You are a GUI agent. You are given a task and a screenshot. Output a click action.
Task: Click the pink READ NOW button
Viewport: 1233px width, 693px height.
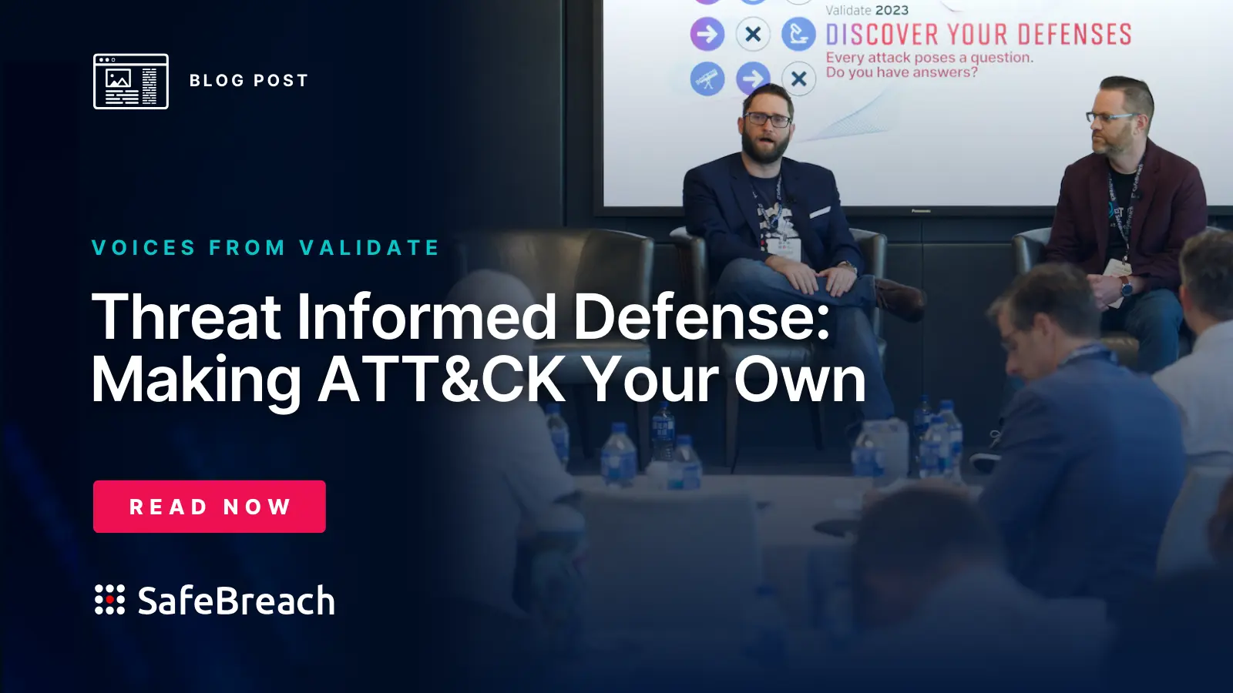pyautogui.click(x=209, y=506)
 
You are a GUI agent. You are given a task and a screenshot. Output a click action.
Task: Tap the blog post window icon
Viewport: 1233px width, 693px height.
pyautogui.click(x=131, y=82)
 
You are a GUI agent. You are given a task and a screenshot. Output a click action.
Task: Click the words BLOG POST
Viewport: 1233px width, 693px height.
pyautogui.click(x=249, y=80)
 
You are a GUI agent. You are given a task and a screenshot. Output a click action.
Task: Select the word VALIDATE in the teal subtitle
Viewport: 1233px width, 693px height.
pyautogui.click(x=370, y=247)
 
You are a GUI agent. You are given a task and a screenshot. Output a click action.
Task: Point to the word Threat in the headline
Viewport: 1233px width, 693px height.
pyautogui.click(x=186, y=316)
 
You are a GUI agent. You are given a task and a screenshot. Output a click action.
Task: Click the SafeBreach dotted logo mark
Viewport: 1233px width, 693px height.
pyautogui.click(x=109, y=599)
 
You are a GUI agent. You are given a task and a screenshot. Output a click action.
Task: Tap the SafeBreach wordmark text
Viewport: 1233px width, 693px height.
pyautogui.click(x=236, y=600)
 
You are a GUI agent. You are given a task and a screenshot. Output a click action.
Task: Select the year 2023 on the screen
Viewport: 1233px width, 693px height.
pyautogui.click(x=892, y=10)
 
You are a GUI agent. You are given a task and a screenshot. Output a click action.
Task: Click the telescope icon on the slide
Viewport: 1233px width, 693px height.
pyautogui.click(x=707, y=79)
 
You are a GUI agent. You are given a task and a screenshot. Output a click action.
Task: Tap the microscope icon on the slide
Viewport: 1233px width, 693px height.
pyautogui.click(x=798, y=34)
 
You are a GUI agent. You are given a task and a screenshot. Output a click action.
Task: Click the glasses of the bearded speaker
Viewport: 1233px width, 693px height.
pyautogui.click(x=768, y=119)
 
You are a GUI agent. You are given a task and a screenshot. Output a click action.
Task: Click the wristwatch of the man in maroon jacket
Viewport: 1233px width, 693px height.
pyautogui.click(x=1126, y=287)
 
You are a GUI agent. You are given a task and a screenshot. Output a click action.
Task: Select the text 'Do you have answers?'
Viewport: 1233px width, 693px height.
pyautogui.click(x=902, y=72)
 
